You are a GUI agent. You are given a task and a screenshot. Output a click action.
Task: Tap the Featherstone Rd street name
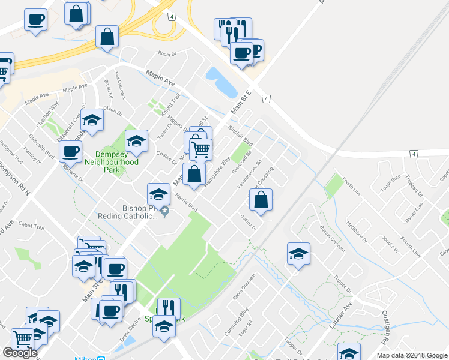[x=249, y=173]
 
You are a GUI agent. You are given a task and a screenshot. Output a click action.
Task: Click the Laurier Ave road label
[x=339, y=314]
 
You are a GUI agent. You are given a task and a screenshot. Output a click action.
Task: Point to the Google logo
[x=19, y=353]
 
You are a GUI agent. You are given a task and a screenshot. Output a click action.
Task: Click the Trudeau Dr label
[x=415, y=184]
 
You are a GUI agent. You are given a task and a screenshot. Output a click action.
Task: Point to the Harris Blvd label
[x=186, y=202]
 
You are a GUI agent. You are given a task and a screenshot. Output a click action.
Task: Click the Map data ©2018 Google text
[x=411, y=355]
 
